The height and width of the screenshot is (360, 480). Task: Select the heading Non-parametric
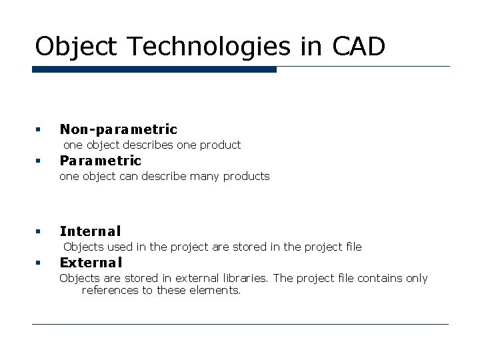[119, 129]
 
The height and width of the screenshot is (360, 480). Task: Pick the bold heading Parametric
[101, 161]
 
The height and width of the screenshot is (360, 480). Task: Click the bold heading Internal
[91, 231]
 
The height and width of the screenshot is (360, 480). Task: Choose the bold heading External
[91, 263]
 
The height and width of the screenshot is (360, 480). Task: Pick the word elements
[216, 291]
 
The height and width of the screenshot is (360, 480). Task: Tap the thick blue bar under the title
[154, 69]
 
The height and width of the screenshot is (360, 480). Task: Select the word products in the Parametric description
[247, 177]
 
